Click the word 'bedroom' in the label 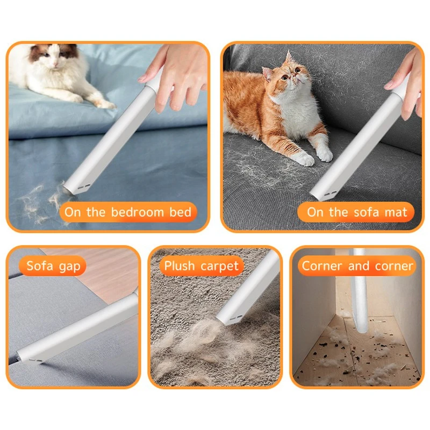pyautogui.click(x=138, y=212)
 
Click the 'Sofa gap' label pyautogui.click(x=53, y=266)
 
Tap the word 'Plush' pyautogui.click(x=180, y=266)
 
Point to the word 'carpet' pyautogui.click(x=219, y=266)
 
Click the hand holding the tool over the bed pyautogui.click(x=176, y=77)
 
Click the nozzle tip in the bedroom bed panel pyautogui.click(x=73, y=190)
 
